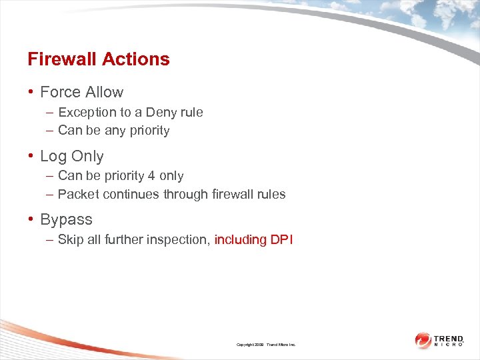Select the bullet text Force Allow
tap(82, 92)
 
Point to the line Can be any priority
tap(113, 131)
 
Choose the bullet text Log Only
tap(72, 156)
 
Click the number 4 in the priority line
tap(151, 176)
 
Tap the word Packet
tap(77, 195)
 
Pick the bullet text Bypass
tap(66, 219)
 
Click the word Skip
tap(70, 239)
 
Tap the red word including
tap(241, 239)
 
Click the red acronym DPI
tap(282, 239)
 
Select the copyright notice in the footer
tap(266, 345)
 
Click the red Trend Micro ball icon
tap(423, 341)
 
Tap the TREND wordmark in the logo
tap(449, 339)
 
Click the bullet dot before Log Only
tap(31, 157)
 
